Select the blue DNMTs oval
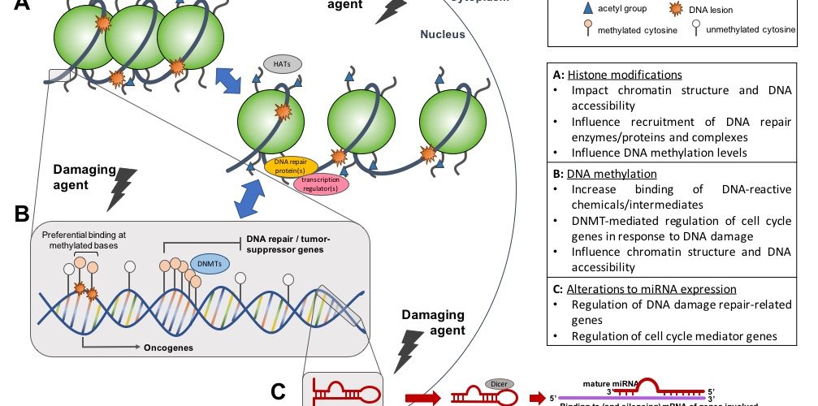[x=211, y=264]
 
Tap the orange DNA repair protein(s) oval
[x=291, y=167]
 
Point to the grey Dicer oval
[x=496, y=382]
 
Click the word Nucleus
[x=443, y=35]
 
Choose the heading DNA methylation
[x=610, y=174]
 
